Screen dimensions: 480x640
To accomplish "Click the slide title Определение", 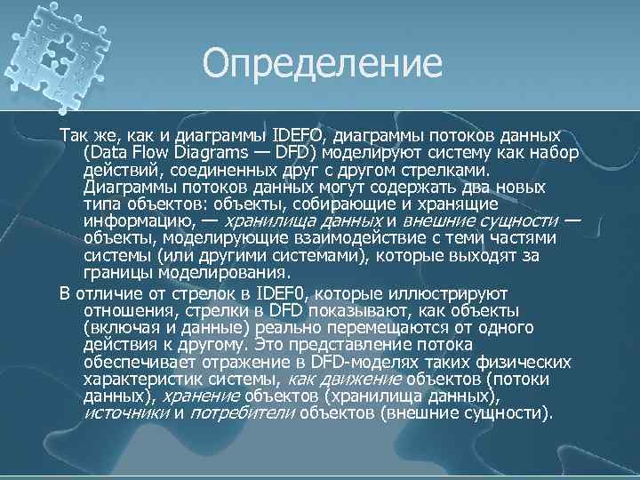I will pos(321,63).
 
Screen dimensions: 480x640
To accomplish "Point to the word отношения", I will pos(124,309).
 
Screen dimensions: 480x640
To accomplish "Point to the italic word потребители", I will pos(243,413).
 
